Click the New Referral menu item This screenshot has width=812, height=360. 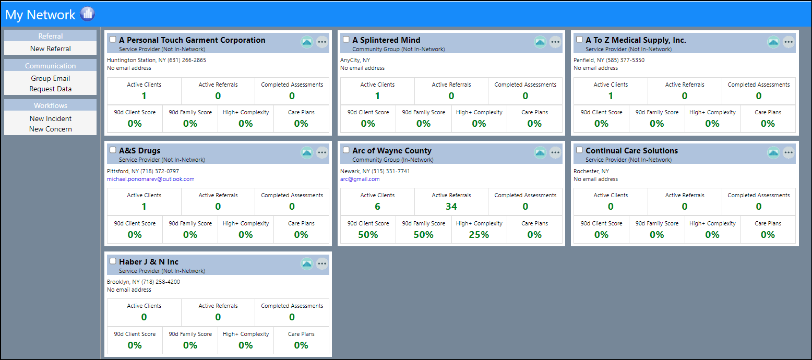[51, 49]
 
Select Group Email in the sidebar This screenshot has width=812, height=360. [51, 78]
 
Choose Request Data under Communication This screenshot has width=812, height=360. [51, 89]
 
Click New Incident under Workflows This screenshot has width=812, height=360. [51, 118]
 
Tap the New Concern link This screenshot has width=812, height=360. [51, 129]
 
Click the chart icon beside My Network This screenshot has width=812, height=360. [87, 14]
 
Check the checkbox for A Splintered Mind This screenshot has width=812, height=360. [346, 39]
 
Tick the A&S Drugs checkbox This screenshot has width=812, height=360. [113, 150]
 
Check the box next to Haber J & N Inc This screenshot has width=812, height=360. [113, 261]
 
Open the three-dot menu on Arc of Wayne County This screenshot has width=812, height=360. [555, 153]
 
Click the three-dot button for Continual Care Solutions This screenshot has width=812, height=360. [789, 153]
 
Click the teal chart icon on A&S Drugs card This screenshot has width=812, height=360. [307, 153]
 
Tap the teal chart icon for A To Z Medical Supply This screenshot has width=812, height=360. [773, 42]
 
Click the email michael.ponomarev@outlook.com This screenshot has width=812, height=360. [150, 179]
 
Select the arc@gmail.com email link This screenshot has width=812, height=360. [360, 179]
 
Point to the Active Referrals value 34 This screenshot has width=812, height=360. [451, 206]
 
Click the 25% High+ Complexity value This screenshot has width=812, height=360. [479, 235]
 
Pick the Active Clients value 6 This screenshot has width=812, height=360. [377, 206]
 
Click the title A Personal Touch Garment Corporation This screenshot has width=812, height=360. [192, 40]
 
